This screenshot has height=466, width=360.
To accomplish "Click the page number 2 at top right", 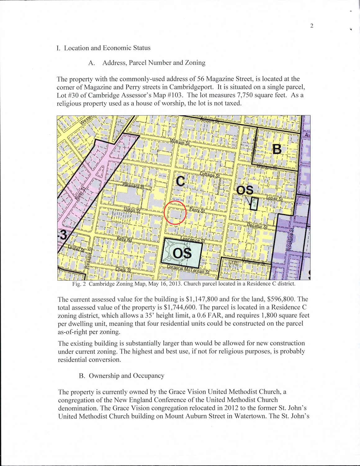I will point(312,26).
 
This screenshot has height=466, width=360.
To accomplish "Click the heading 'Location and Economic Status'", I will point(107,48).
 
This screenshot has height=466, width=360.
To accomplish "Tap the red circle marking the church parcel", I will point(175,212).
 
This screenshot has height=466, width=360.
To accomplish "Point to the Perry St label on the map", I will point(197,210).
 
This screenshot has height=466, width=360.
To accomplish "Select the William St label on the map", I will point(180,142).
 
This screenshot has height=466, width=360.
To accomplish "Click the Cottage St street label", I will point(210,175).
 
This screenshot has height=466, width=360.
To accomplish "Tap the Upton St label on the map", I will point(132,210).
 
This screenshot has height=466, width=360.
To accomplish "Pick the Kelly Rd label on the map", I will point(124,240).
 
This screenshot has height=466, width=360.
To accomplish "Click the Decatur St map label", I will point(257,226).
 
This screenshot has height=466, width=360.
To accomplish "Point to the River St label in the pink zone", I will point(80,193).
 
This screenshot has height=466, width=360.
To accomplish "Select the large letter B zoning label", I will point(277,149).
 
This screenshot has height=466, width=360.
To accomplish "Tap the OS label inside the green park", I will point(182,254).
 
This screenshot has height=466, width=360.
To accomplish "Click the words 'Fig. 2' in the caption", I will point(79,284).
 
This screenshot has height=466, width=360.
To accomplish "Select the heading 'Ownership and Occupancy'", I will point(126,376).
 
